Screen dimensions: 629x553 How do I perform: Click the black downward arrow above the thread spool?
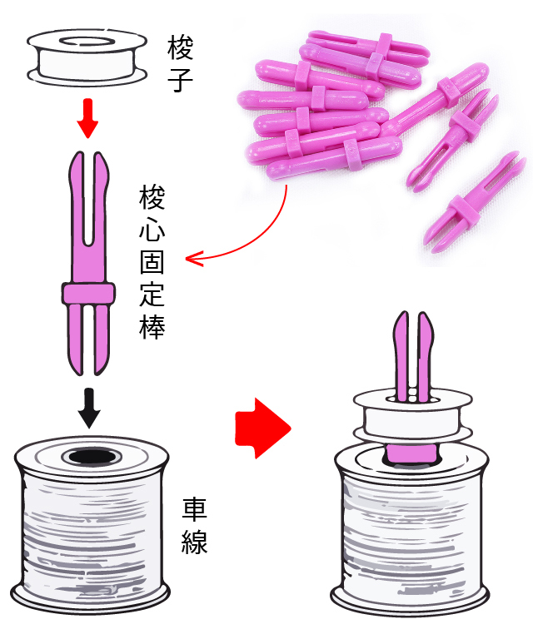87,405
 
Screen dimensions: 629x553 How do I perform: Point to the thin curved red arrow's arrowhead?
192,259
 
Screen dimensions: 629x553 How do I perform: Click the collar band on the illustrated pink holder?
87,295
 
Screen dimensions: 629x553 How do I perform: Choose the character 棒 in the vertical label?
152,325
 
